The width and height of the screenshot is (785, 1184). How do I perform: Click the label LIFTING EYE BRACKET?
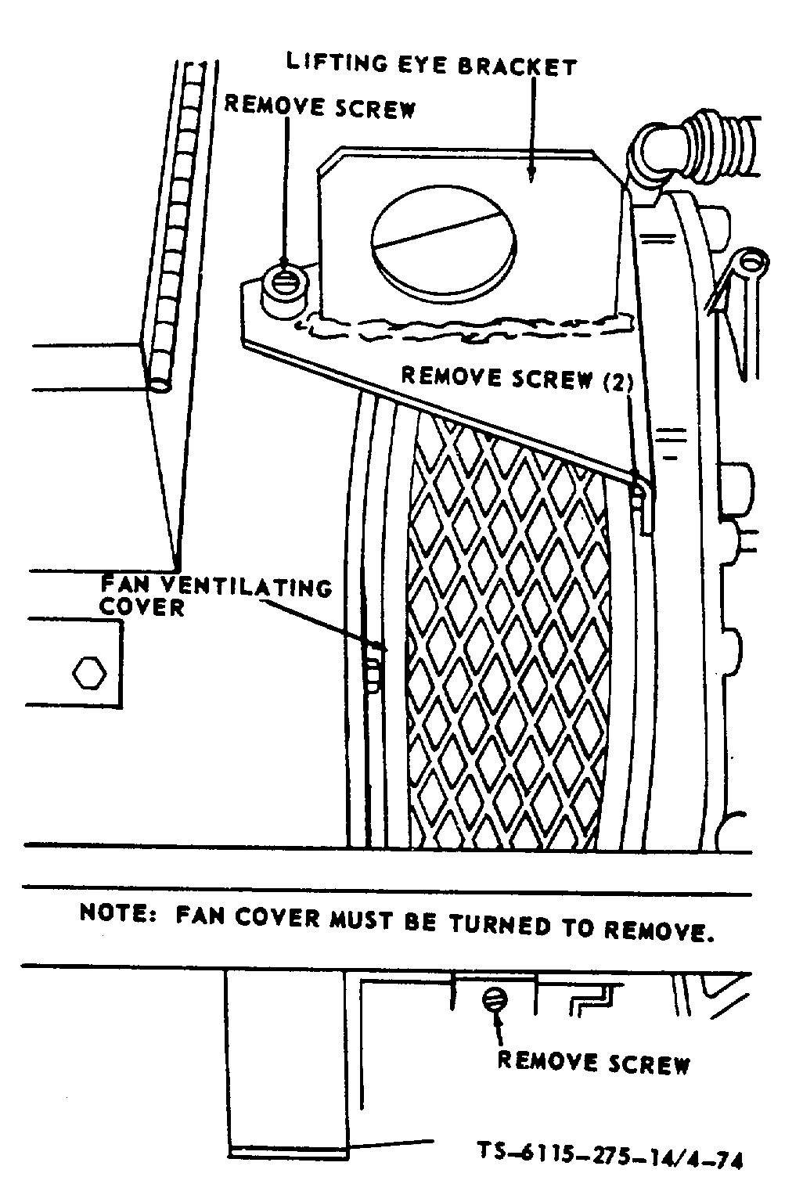(431, 65)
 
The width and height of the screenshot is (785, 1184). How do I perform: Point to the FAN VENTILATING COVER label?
(215, 596)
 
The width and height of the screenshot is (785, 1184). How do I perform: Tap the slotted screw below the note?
(495, 999)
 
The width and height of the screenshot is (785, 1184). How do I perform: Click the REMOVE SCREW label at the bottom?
(594, 1062)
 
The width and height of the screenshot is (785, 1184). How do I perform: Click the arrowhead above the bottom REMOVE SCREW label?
(498, 1020)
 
